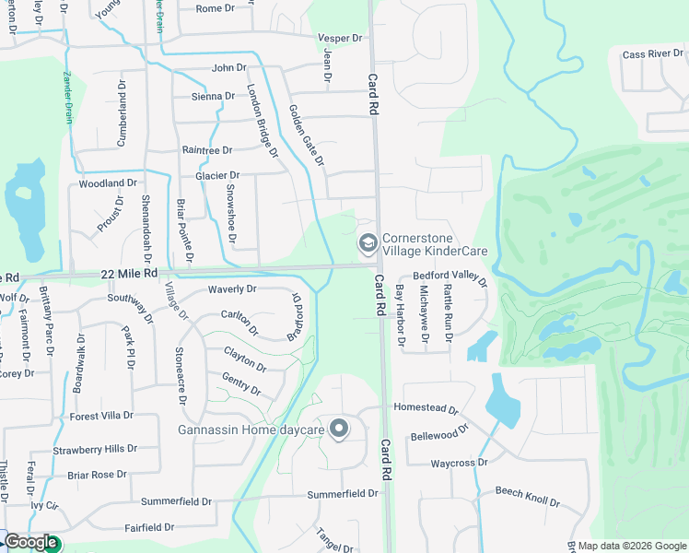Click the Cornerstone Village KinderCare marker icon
tap(367, 243)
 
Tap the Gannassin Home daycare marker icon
tap(339, 429)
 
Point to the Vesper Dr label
tap(341, 38)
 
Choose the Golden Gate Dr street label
tap(307, 135)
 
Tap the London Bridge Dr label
tap(263, 121)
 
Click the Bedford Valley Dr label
tap(450, 276)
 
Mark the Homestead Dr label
tap(426, 408)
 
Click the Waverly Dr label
tap(232, 289)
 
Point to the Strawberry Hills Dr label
tap(95, 449)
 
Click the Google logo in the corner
tap(30, 543)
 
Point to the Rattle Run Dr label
tap(448, 312)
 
